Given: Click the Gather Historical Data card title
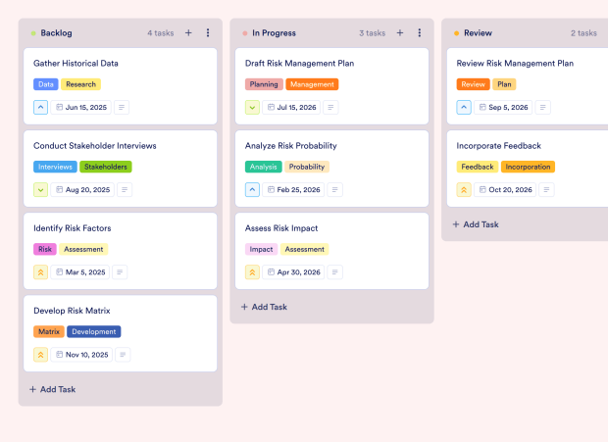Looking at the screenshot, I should pos(76,64).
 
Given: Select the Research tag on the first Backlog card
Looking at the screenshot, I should pos(80,84).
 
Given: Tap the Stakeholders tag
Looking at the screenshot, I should pos(106,167).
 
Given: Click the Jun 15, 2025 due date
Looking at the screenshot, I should pos(81,107).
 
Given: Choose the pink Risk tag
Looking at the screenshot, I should pos(44,249).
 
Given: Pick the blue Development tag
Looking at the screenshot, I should pos(93,331).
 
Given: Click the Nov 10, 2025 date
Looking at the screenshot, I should pos(81,354).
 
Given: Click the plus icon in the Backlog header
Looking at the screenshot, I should pos(188,33).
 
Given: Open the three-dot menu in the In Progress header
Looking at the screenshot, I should pos(419,33).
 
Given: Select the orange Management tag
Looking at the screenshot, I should pos(312,84).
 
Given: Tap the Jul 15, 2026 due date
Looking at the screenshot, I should pos(292,107).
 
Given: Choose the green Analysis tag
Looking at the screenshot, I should pos(263,167).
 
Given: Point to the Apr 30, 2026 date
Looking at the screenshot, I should pos(293,271).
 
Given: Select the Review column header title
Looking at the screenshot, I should pos(478,33).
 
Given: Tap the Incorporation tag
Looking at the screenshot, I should pos(528,167).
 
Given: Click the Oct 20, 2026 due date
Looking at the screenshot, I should pos(504,189).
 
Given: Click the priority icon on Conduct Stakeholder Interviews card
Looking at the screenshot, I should pos(40,189).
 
